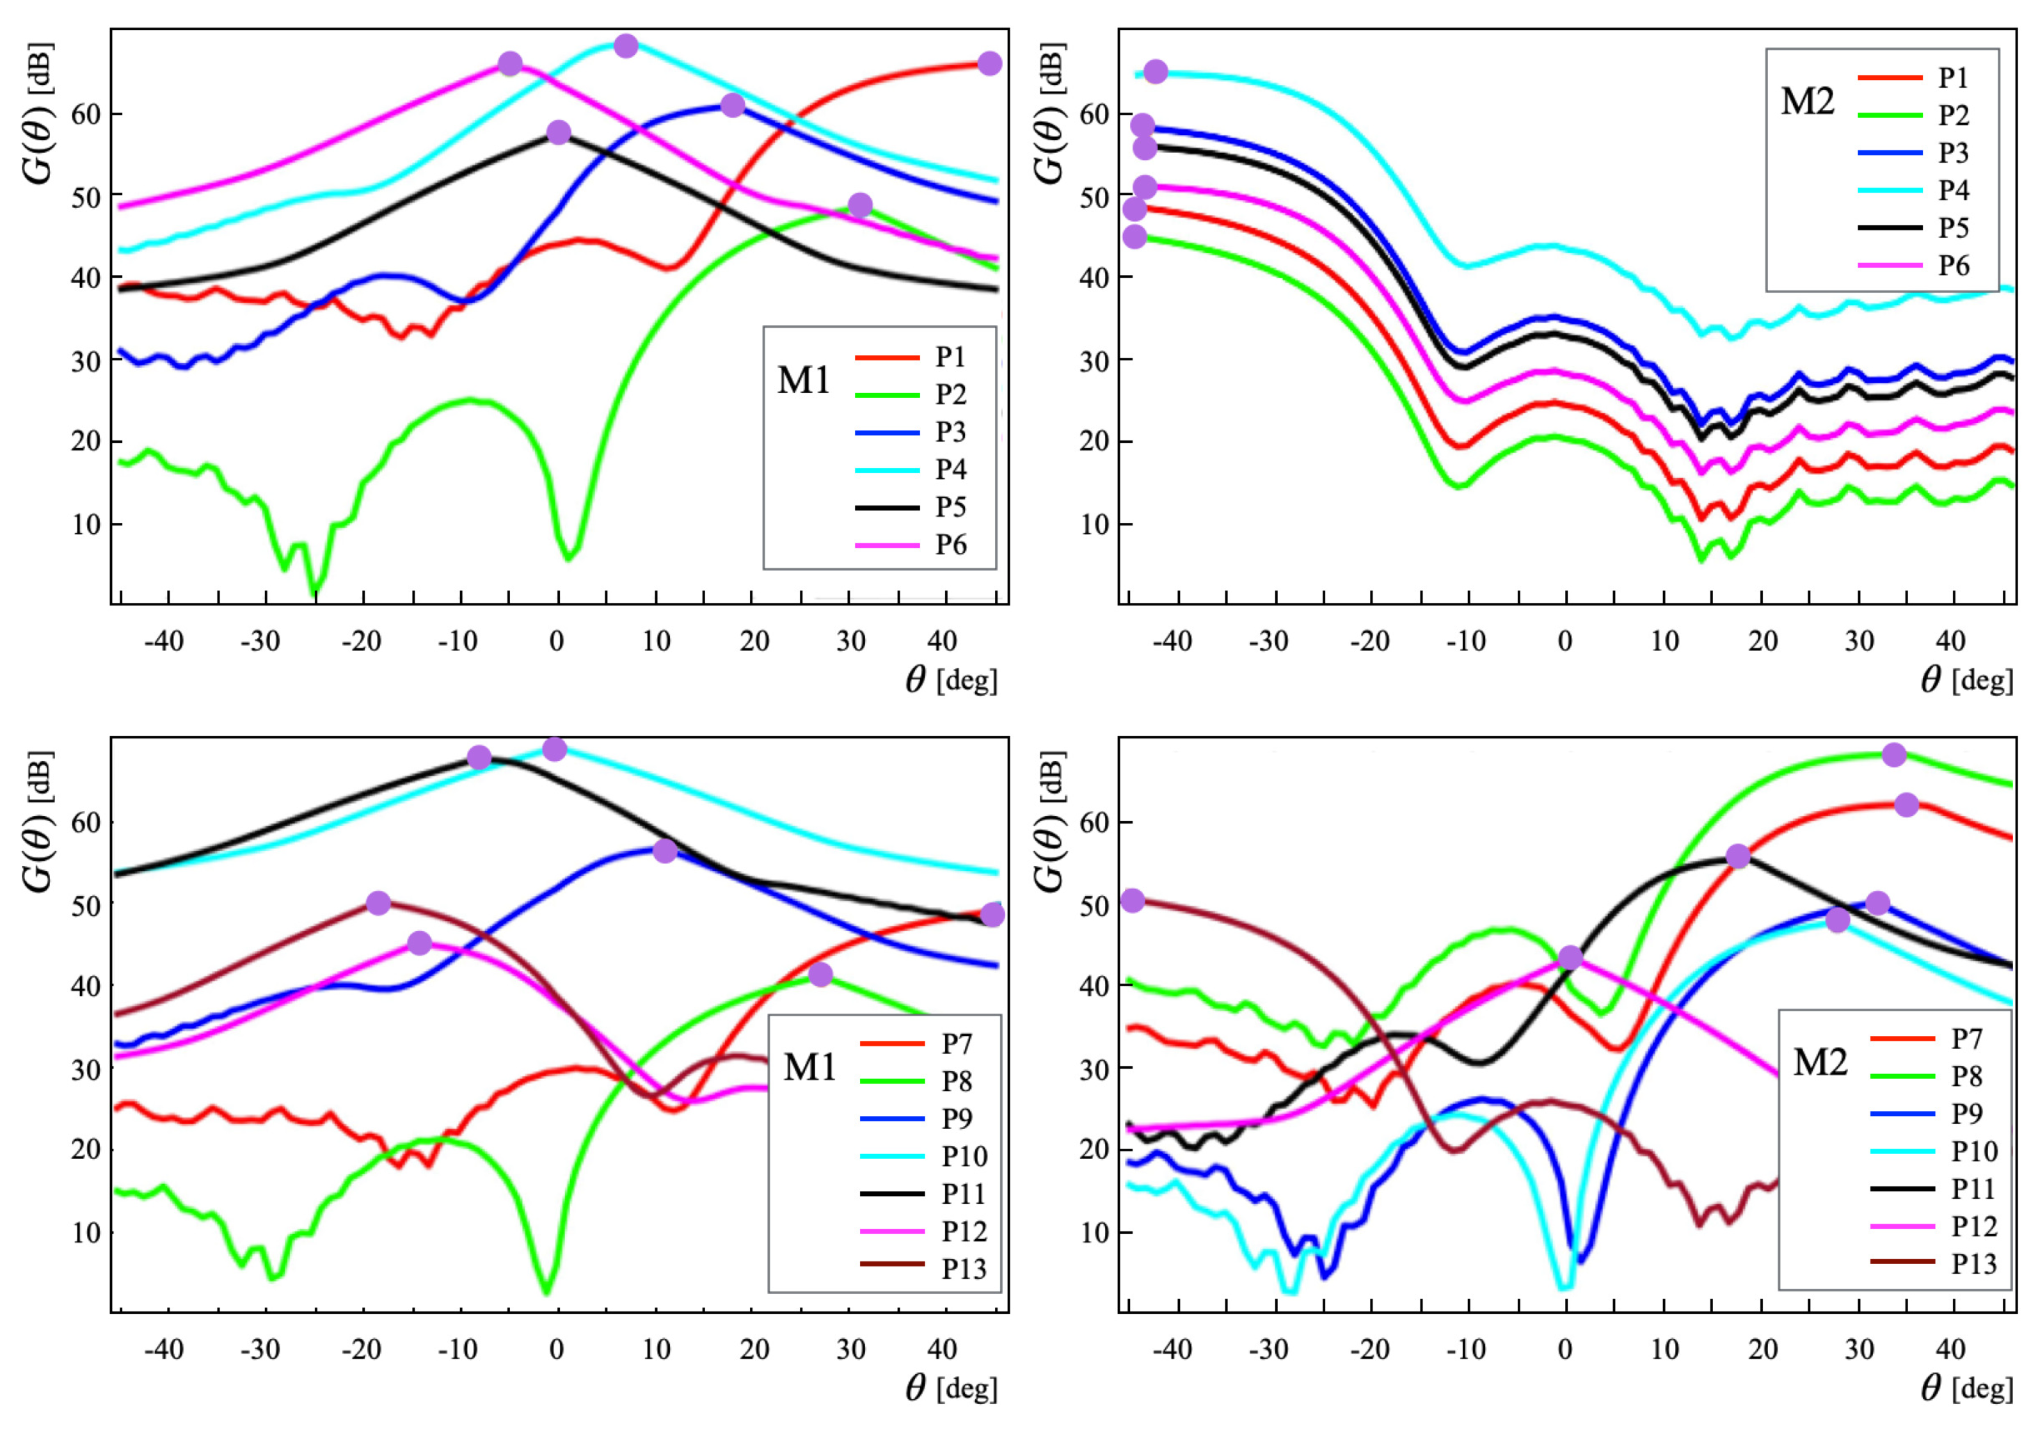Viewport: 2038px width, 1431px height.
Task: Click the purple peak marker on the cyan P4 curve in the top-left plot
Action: (626, 45)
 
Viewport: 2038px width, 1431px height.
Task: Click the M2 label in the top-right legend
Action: (1807, 102)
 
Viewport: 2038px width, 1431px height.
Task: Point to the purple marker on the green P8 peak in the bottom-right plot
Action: (1894, 755)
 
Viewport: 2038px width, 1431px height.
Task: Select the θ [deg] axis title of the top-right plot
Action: (1966, 681)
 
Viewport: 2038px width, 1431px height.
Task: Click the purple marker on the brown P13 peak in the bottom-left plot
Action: (378, 903)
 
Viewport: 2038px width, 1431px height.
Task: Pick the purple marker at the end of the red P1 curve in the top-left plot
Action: (990, 63)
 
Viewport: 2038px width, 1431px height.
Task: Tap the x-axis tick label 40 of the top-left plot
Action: (942, 641)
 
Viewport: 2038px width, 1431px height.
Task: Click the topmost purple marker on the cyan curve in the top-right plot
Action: (1155, 72)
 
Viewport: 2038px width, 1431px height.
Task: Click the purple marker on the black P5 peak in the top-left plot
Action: (559, 132)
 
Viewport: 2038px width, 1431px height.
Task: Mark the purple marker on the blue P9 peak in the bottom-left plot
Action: (665, 851)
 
